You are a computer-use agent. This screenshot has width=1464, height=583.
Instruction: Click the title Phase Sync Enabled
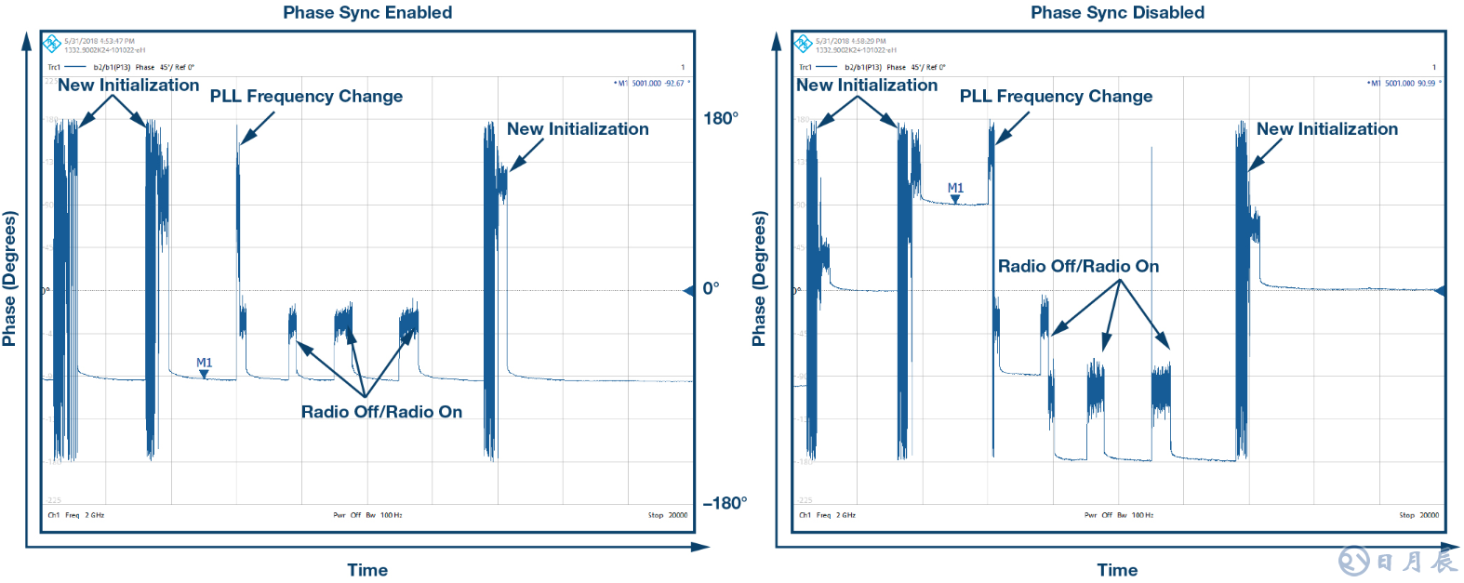pos(367,12)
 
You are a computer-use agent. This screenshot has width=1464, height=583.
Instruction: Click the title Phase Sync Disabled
pos(1117,12)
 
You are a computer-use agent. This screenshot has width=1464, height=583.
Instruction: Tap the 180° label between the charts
pos(721,118)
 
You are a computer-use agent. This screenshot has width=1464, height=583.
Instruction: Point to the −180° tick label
pos(725,503)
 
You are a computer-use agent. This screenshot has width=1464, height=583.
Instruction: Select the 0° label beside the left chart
pos(711,288)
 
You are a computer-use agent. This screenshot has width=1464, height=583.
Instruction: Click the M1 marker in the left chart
pos(204,368)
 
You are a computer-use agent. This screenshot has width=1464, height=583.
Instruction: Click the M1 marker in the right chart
pos(955,192)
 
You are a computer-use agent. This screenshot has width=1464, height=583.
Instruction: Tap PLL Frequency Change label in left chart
pos(306,96)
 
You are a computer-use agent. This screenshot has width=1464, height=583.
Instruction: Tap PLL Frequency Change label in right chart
pos(1056,96)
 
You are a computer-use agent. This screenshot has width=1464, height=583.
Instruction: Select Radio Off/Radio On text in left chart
pos(381,412)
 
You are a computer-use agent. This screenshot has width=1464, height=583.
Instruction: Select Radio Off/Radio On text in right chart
pos(1078,266)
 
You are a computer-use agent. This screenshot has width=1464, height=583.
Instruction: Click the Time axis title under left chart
pos(367,570)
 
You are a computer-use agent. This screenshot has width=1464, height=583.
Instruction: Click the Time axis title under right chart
pos(1117,570)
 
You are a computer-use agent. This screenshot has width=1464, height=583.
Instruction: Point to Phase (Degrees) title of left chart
pos(9,278)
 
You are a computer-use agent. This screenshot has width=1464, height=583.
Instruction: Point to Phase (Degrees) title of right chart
pos(759,278)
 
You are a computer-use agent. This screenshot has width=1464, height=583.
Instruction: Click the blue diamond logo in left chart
pos(52,44)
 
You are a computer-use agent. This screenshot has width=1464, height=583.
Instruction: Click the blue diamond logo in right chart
pos(803,44)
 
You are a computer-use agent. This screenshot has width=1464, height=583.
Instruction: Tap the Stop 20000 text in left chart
pos(668,515)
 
